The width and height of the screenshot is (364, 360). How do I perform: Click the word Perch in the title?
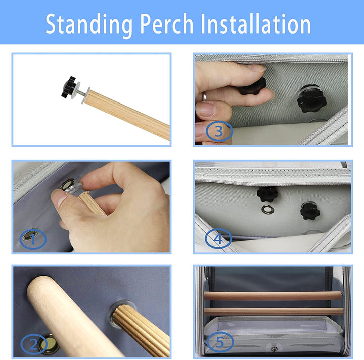166,23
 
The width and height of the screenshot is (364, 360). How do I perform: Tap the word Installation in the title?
256,23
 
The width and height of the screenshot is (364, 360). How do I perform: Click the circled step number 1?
33,239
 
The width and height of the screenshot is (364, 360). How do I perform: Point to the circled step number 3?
219,131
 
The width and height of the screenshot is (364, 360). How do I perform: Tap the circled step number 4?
218,238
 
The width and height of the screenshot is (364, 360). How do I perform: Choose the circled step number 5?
220,342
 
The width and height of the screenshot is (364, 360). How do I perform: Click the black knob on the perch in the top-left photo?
69,87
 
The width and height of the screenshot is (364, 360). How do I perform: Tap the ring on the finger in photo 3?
204,96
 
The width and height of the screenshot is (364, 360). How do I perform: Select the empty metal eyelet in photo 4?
267,210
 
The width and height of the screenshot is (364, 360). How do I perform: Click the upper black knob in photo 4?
267,194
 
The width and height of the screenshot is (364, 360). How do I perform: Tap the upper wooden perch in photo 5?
273,296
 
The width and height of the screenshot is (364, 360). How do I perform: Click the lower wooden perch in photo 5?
274,312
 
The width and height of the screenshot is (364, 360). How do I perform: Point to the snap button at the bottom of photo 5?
274,349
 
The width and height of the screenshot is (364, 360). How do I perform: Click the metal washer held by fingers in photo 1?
74,188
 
